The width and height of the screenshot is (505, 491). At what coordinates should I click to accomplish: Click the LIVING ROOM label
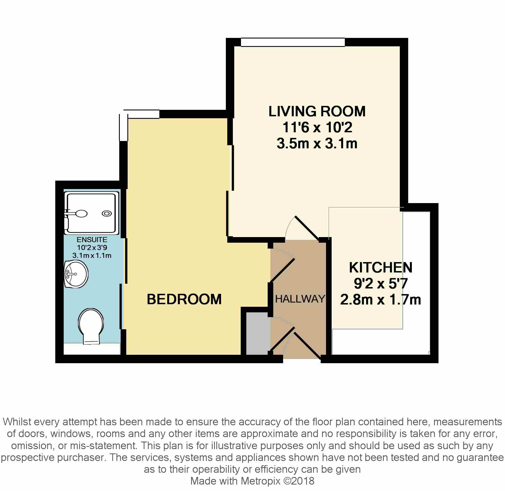click(317, 111)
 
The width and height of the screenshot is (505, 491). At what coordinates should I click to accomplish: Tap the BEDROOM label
click(184, 299)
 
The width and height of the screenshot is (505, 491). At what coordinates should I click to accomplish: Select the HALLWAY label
click(300, 299)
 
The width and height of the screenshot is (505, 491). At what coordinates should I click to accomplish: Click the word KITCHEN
click(381, 267)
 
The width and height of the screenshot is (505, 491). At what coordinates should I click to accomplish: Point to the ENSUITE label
click(92, 240)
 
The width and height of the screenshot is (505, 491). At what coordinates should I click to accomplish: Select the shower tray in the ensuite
click(91, 213)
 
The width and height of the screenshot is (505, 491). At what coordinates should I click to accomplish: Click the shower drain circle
click(107, 213)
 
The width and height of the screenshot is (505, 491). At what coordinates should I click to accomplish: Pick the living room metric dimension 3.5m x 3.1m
click(317, 144)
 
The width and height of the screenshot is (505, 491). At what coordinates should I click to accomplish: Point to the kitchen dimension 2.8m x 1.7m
click(381, 299)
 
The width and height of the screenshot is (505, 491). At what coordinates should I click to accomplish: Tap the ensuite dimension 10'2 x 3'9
click(92, 247)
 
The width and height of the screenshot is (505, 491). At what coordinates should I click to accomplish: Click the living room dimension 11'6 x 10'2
click(317, 128)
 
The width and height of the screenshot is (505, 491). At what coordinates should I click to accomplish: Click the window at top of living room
click(293, 42)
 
